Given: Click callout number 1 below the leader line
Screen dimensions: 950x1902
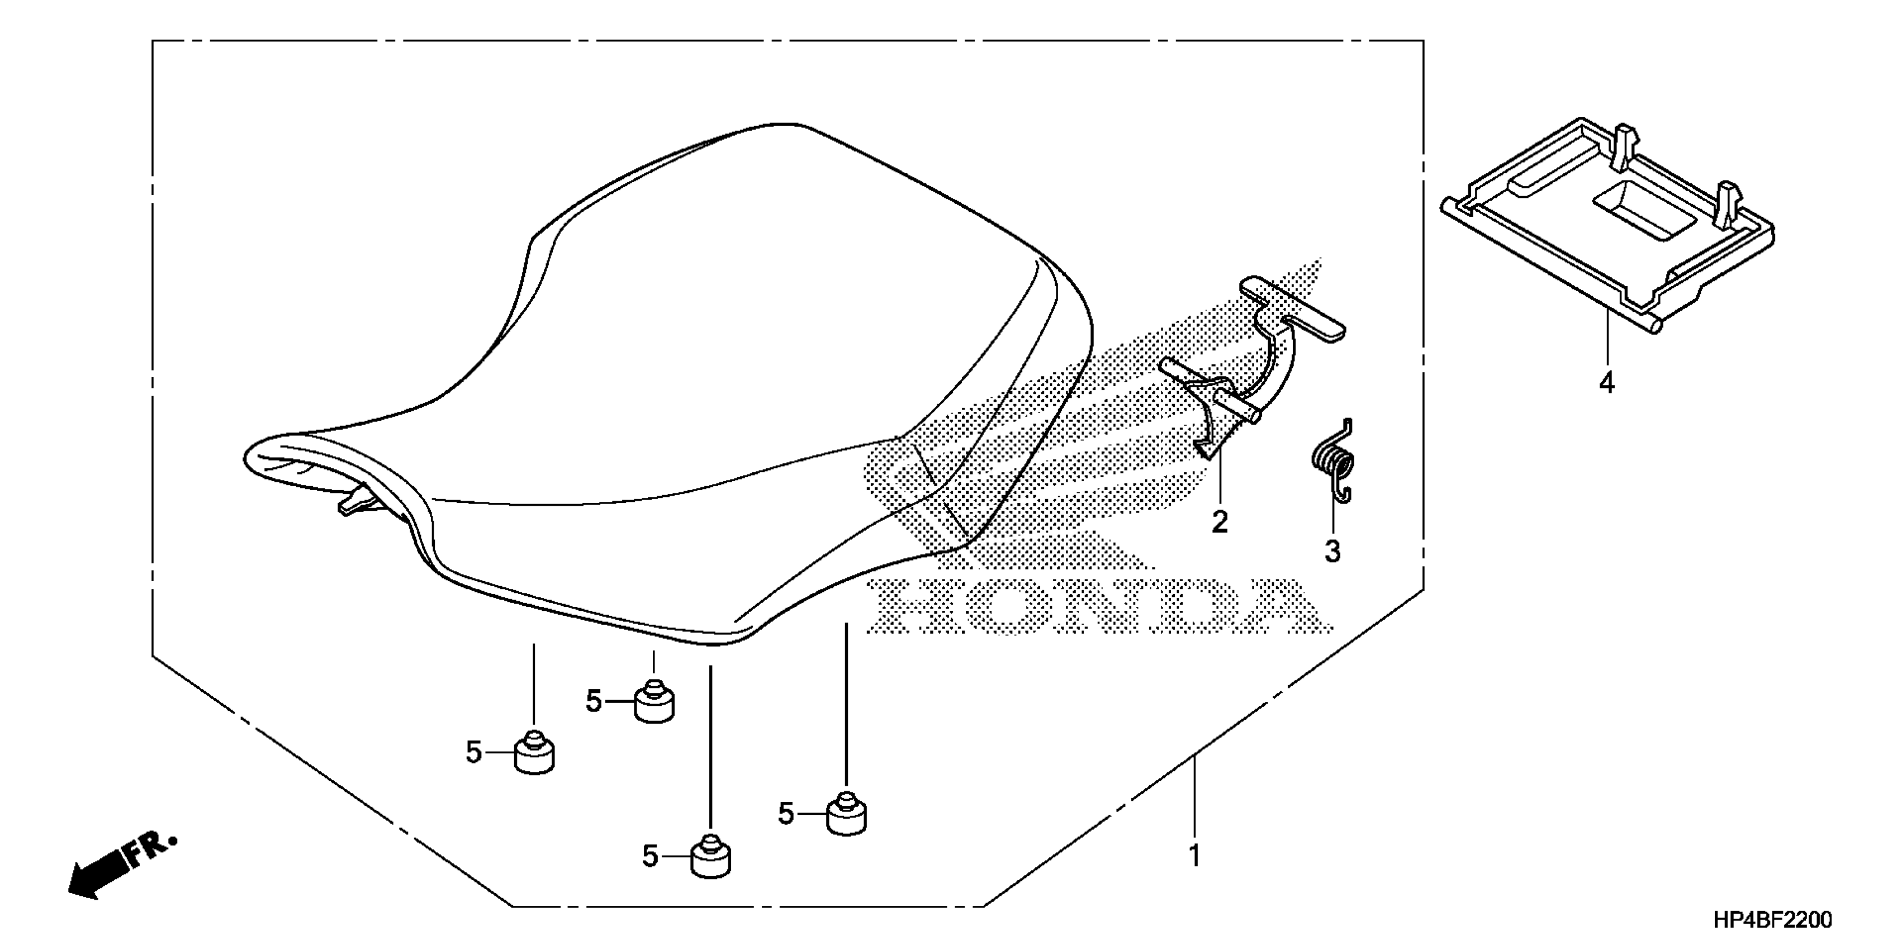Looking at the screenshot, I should point(1194,856).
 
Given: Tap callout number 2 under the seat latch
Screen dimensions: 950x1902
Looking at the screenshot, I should point(1219,522).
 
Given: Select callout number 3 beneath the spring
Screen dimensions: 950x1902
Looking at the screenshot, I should point(1332,550).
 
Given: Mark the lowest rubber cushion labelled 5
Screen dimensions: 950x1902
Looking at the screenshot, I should point(711,858).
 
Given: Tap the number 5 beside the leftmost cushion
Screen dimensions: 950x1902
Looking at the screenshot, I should point(473,753).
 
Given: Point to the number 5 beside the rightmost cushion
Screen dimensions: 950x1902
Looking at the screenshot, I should point(786,814).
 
